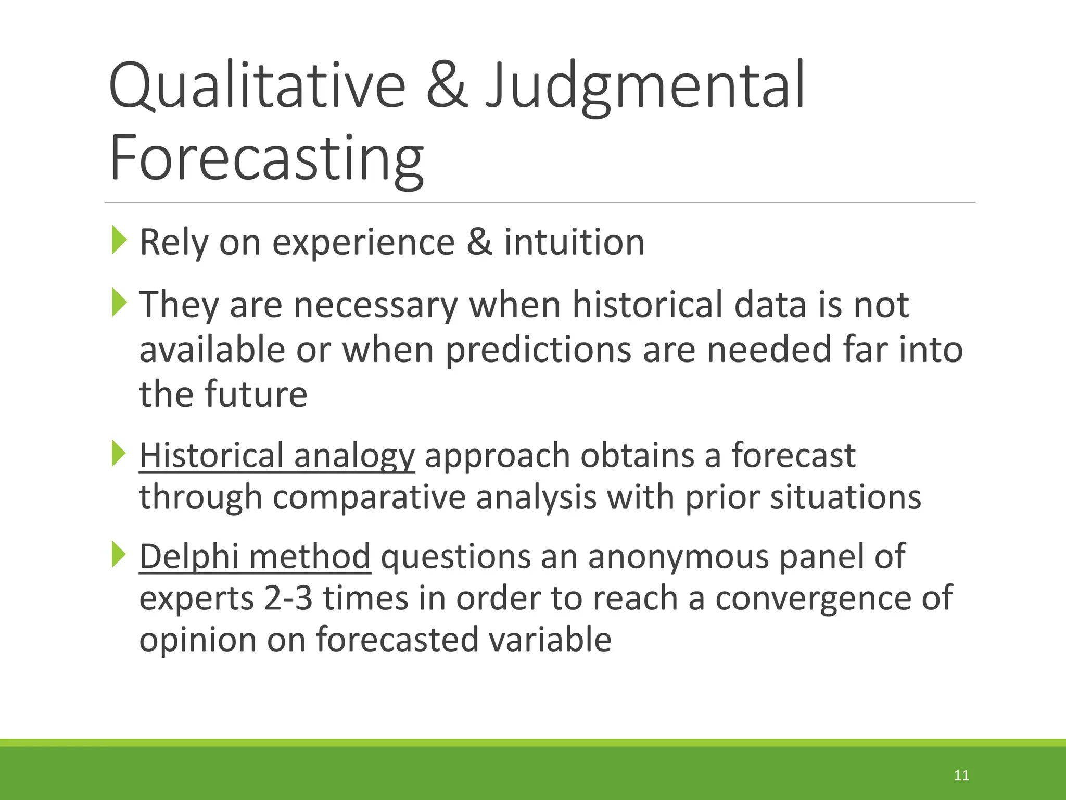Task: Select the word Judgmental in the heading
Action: (645, 86)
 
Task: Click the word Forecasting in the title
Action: (267, 158)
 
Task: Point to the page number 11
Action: (961, 776)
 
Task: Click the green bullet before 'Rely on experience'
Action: (119, 241)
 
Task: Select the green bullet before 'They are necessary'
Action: (119, 303)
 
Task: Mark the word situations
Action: (845, 497)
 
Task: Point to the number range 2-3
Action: (288, 598)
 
